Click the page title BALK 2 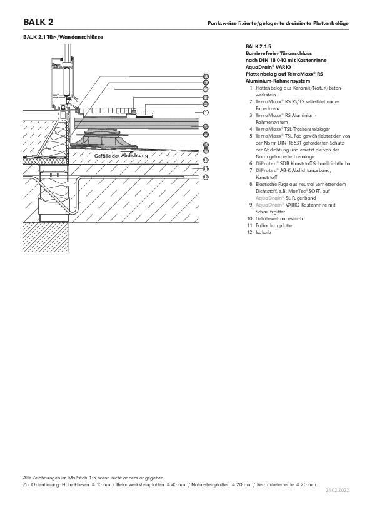[x=38, y=22]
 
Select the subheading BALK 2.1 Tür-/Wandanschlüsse [x=63, y=37]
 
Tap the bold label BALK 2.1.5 [x=258, y=46]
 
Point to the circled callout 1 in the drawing [x=206, y=113]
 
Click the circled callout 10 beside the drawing [x=206, y=160]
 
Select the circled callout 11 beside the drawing [x=206, y=169]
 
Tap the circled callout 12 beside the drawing [x=206, y=177]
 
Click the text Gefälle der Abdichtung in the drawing [x=121, y=156]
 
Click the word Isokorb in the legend [x=263, y=232]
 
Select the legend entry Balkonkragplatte [x=274, y=225]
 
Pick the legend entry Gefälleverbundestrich [x=279, y=218]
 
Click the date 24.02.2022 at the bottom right [x=338, y=490]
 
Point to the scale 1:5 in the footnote [x=93, y=478]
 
